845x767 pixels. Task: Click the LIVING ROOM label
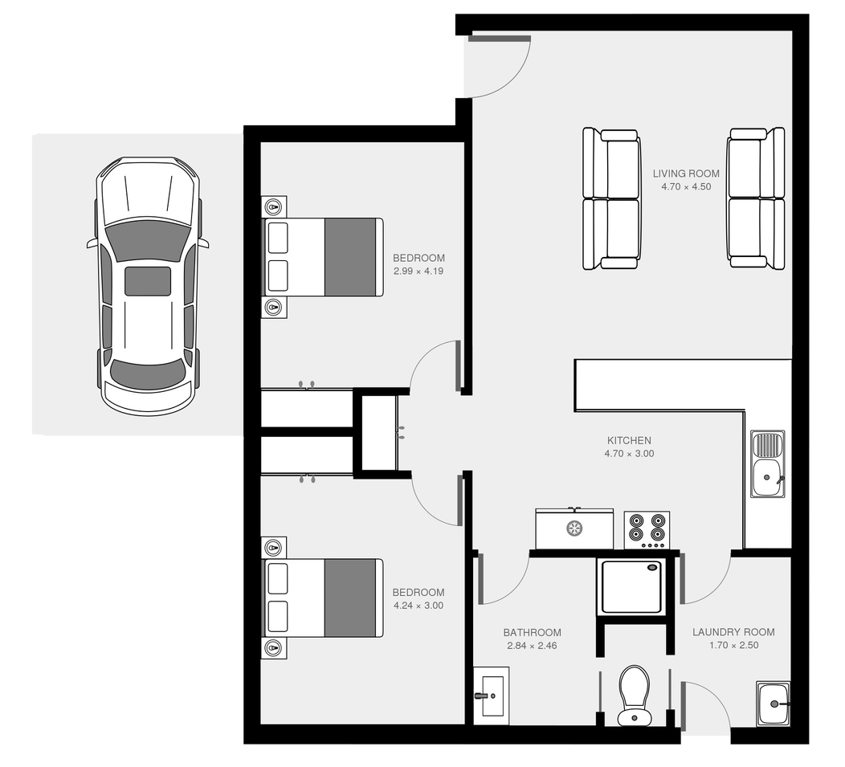(686, 173)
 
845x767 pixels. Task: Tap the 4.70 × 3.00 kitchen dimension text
(629, 454)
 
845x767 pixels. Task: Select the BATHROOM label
(532, 632)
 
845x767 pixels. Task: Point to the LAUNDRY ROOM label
(733, 632)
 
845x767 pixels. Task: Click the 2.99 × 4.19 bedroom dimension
(418, 271)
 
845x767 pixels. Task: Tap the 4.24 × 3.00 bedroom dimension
(418, 606)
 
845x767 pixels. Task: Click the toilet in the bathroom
(635, 696)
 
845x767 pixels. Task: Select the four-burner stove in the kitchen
(647, 530)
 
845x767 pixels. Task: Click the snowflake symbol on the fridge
(574, 528)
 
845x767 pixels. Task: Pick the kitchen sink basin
(767, 477)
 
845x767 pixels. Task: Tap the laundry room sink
(774, 704)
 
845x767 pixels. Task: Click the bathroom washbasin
(492, 696)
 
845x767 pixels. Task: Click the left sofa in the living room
(611, 199)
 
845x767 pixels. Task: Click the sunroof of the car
(148, 281)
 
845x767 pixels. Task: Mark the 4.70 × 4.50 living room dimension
(686, 187)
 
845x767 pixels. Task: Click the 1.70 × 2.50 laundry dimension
(733, 646)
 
